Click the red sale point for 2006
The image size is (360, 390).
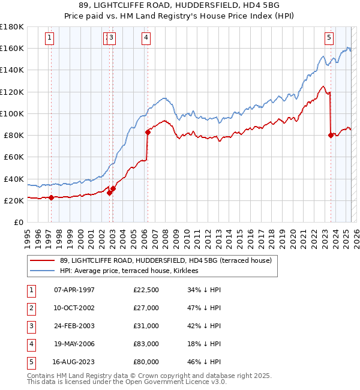pos(148,132)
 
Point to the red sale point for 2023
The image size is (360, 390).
pos(331,135)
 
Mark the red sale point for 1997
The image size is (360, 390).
pos(51,197)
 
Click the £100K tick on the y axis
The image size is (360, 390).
pos(12,113)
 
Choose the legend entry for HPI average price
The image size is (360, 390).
pos(133,271)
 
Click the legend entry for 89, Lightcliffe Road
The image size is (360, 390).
pos(166,260)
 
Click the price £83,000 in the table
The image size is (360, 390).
pos(146,344)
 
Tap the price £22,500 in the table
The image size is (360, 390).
pos(146,290)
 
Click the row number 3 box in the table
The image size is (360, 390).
pos(30,326)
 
